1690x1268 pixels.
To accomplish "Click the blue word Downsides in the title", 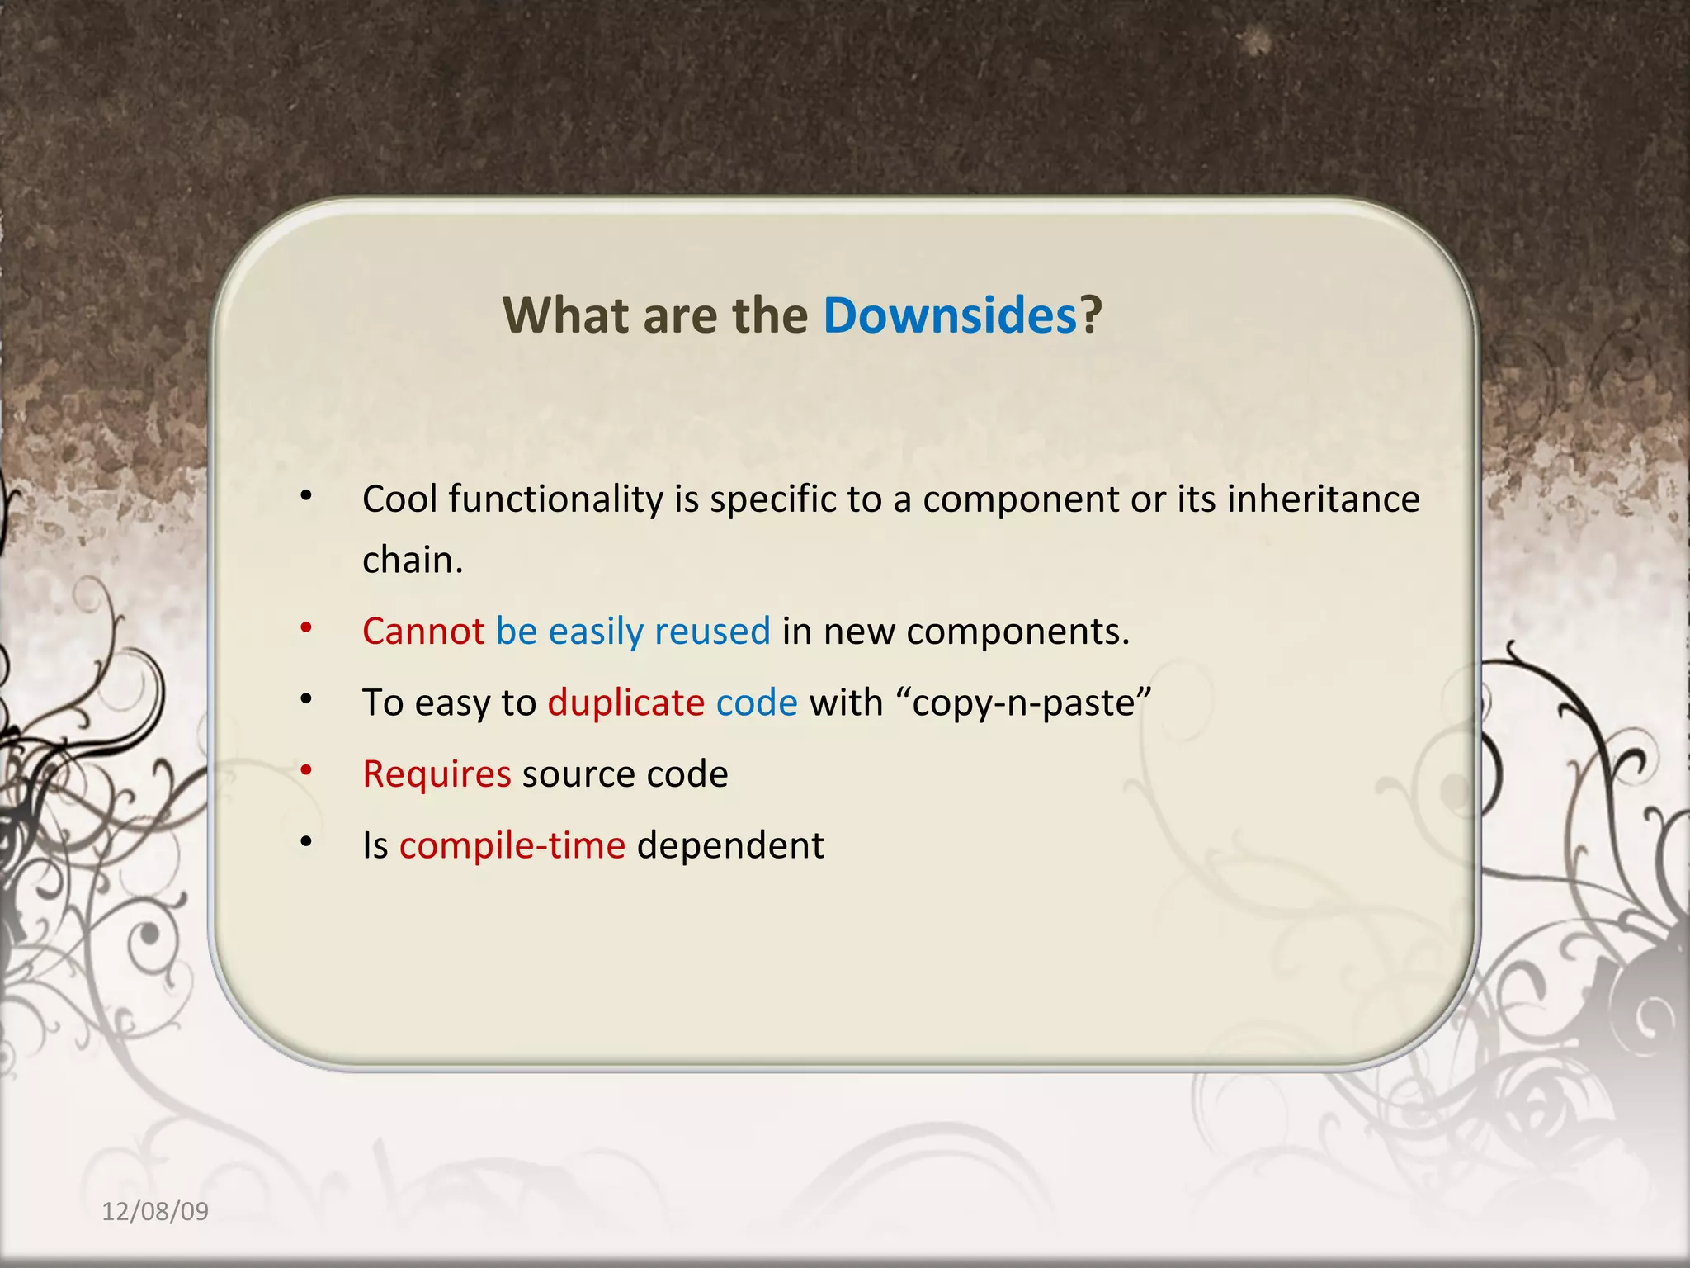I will click(950, 315).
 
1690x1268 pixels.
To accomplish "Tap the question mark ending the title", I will click(1092, 315).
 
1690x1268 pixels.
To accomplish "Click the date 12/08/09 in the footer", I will click(155, 1211).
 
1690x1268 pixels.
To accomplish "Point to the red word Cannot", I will click(423, 632).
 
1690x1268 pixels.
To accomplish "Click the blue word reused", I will click(712, 632).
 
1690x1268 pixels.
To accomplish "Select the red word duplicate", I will click(626, 703).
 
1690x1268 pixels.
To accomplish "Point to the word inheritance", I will click(1324, 499).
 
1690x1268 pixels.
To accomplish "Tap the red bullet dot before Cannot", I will click(306, 628).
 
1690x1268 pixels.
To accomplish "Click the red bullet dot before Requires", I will click(306, 771).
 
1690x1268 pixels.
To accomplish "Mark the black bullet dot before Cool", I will click(306, 496).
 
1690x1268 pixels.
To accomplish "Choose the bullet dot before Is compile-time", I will click(306, 842).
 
